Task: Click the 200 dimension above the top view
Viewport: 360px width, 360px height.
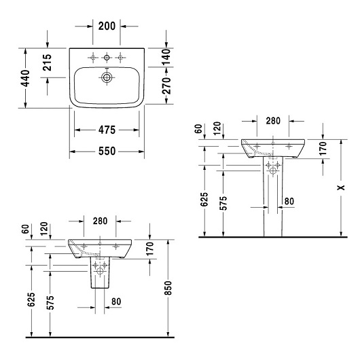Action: (x=107, y=26)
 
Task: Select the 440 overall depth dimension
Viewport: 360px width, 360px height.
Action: (x=25, y=79)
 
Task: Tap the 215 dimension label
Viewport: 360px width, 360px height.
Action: (x=48, y=62)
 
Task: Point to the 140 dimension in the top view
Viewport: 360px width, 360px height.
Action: (x=166, y=56)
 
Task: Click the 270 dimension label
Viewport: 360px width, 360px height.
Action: (x=166, y=86)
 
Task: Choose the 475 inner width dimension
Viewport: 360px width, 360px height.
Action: (x=107, y=130)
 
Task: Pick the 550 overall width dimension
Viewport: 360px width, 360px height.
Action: (x=107, y=151)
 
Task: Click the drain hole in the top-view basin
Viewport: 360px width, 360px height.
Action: (x=107, y=77)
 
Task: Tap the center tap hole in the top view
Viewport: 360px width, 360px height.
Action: (x=107, y=58)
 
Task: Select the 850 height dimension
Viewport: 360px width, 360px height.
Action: (x=168, y=288)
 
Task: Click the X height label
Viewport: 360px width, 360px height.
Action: (x=341, y=187)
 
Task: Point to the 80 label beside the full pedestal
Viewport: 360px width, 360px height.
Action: (x=289, y=201)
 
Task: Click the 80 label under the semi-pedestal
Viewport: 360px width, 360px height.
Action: (x=116, y=302)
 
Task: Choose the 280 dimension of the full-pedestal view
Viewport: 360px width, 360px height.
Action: (x=273, y=121)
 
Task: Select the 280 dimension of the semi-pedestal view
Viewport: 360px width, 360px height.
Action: (x=100, y=221)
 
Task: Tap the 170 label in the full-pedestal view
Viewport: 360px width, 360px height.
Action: (x=323, y=148)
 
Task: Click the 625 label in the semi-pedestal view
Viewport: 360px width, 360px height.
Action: (x=31, y=300)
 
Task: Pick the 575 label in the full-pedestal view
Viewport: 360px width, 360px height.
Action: (x=223, y=203)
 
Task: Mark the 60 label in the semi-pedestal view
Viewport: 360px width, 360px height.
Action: (x=26, y=229)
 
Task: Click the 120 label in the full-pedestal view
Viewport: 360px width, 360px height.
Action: (x=217, y=128)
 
